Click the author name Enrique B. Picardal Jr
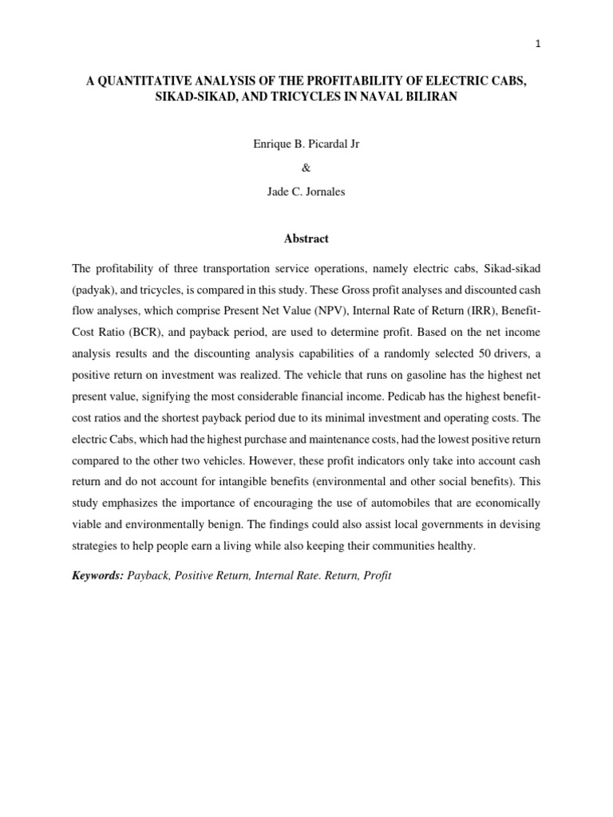coord(306,147)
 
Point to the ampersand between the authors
coord(306,169)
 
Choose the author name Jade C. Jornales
coord(306,192)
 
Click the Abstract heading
coord(306,239)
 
